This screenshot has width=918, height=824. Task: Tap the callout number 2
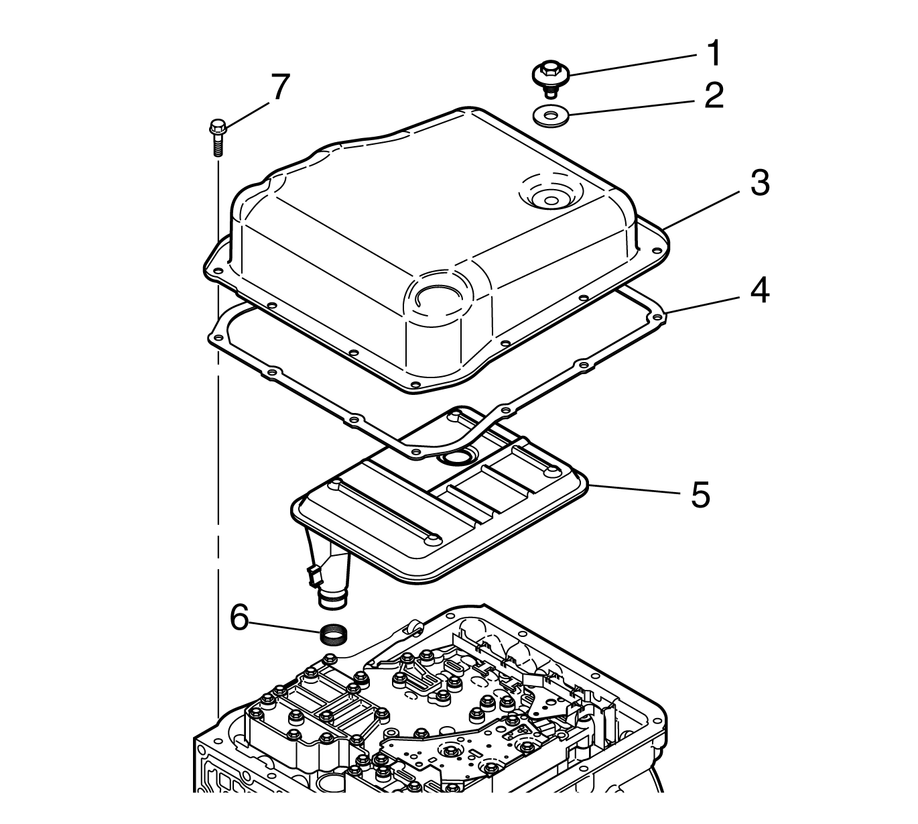click(x=714, y=95)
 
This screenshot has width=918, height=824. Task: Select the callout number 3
click(x=760, y=183)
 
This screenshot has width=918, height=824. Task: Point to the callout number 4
click(x=759, y=291)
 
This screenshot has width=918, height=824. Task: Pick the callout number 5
click(x=700, y=494)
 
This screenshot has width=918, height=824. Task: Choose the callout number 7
click(x=280, y=87)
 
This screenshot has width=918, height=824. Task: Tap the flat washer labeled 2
click(x=551, y=115)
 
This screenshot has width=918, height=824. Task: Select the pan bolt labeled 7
click(x=218, y=137)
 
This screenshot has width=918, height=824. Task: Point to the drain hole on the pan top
click(x=550, y=200)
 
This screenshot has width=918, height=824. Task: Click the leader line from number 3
click(x=704, y=209)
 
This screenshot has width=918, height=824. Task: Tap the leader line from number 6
click(x=285, y=627)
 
